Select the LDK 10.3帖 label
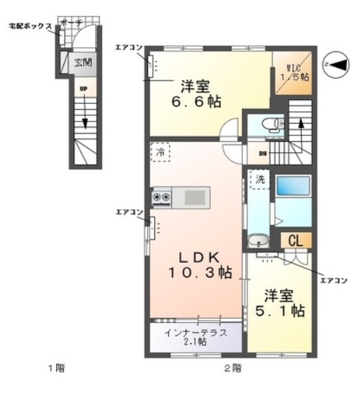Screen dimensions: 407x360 197,263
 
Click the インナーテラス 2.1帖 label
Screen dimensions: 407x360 195,337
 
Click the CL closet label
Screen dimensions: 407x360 293,241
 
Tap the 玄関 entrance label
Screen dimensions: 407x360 83,62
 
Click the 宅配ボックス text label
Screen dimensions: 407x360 29,26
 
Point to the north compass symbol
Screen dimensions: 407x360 337,65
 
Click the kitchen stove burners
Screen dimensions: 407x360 161,198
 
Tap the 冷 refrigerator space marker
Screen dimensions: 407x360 159,151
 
